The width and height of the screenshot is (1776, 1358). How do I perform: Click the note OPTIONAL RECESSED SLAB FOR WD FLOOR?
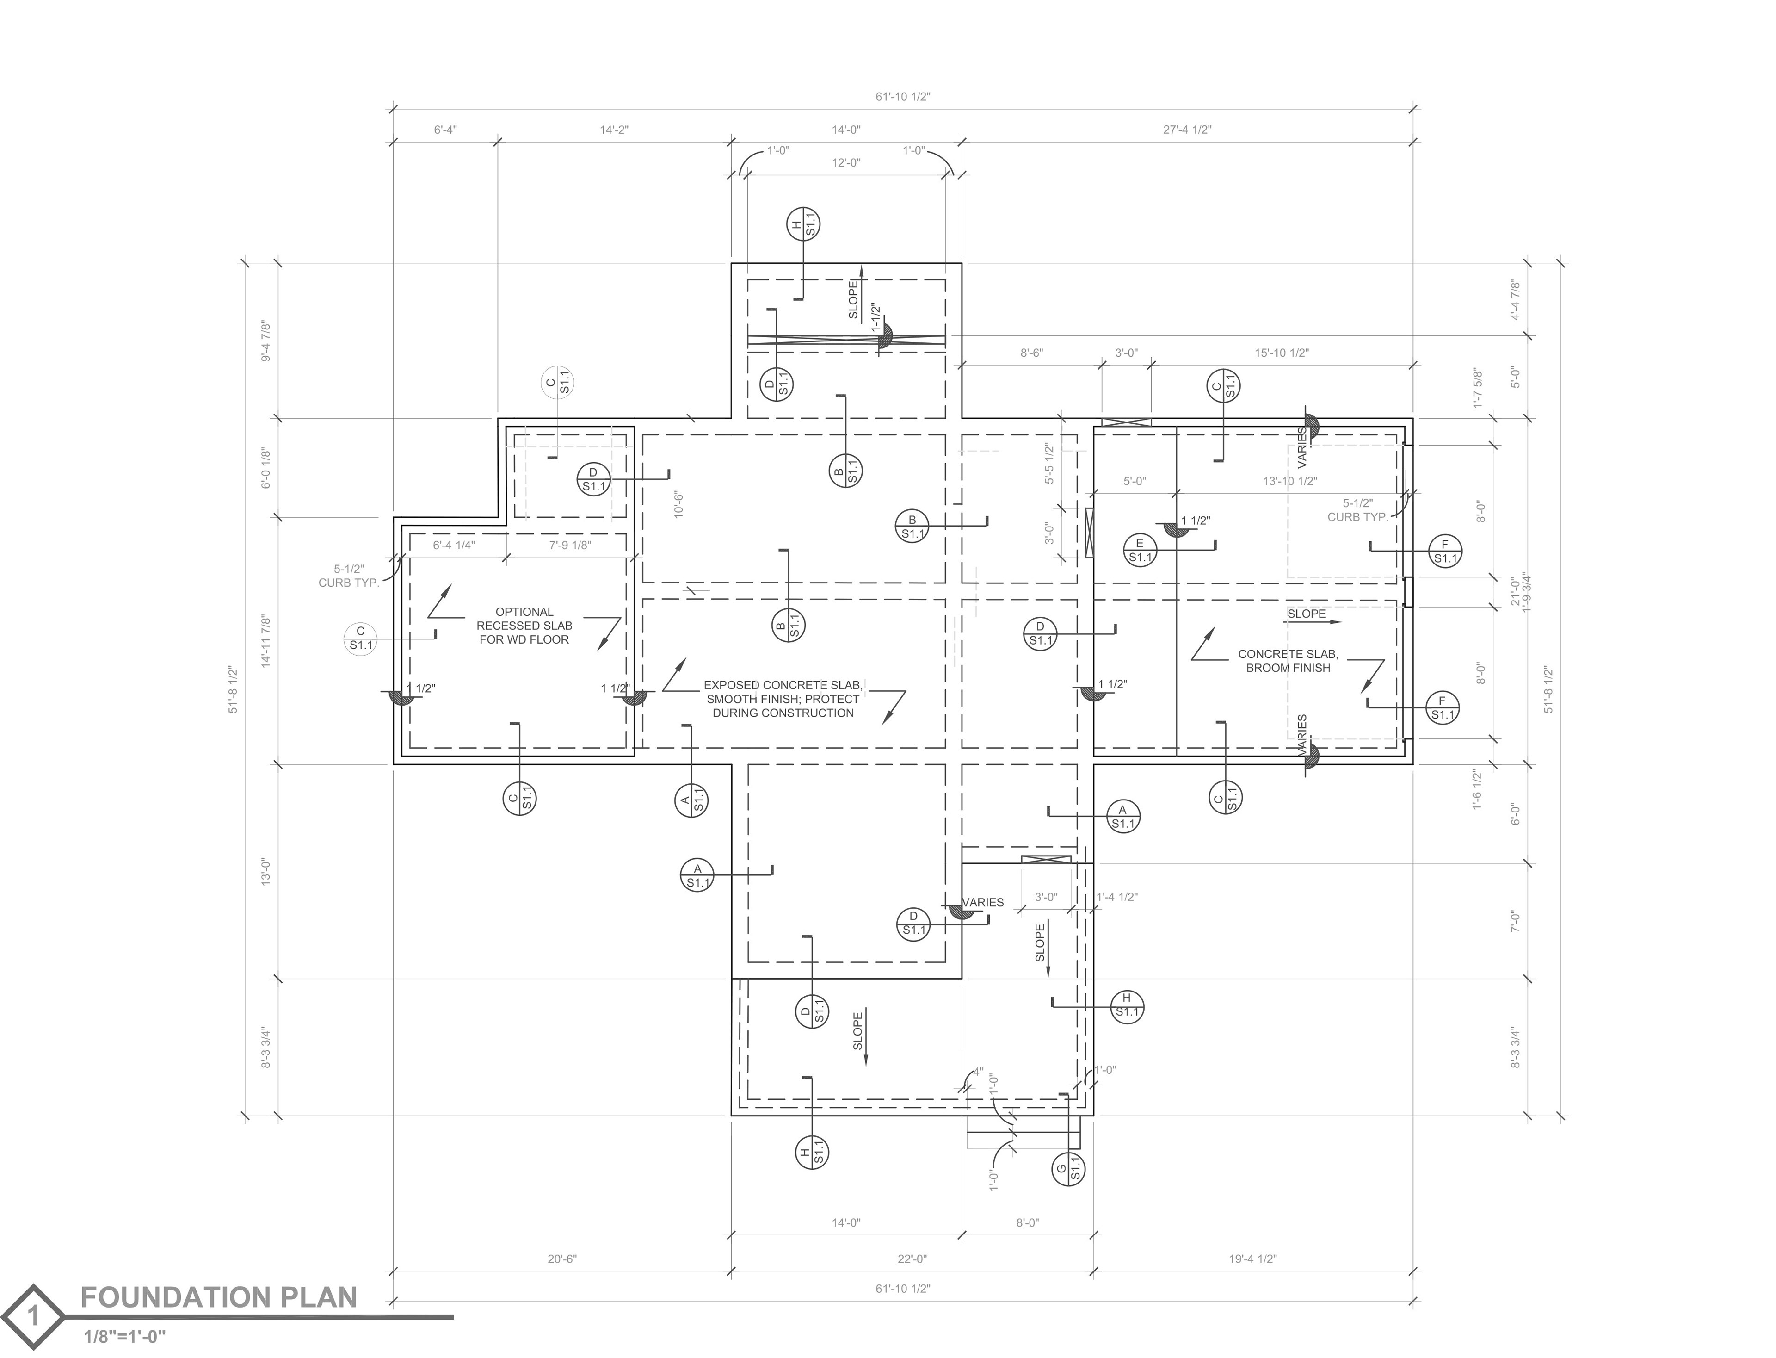tap(524, 626)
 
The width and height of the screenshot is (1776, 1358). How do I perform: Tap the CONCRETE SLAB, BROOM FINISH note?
tap(1288, 661)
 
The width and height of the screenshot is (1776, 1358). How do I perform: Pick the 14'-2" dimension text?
tap(614, 130)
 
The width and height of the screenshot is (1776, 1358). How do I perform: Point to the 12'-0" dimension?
tap(846, 162)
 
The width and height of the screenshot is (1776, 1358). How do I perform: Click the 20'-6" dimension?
tap(562, 1259)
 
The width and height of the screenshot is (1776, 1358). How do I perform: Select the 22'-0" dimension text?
tap(912, 1259)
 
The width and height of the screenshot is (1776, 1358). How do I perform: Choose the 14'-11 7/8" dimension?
tap(266, 641)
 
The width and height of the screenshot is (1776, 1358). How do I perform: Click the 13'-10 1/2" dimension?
tap(1290, 481)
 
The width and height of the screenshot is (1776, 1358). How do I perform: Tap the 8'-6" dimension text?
tap(1032, 353)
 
